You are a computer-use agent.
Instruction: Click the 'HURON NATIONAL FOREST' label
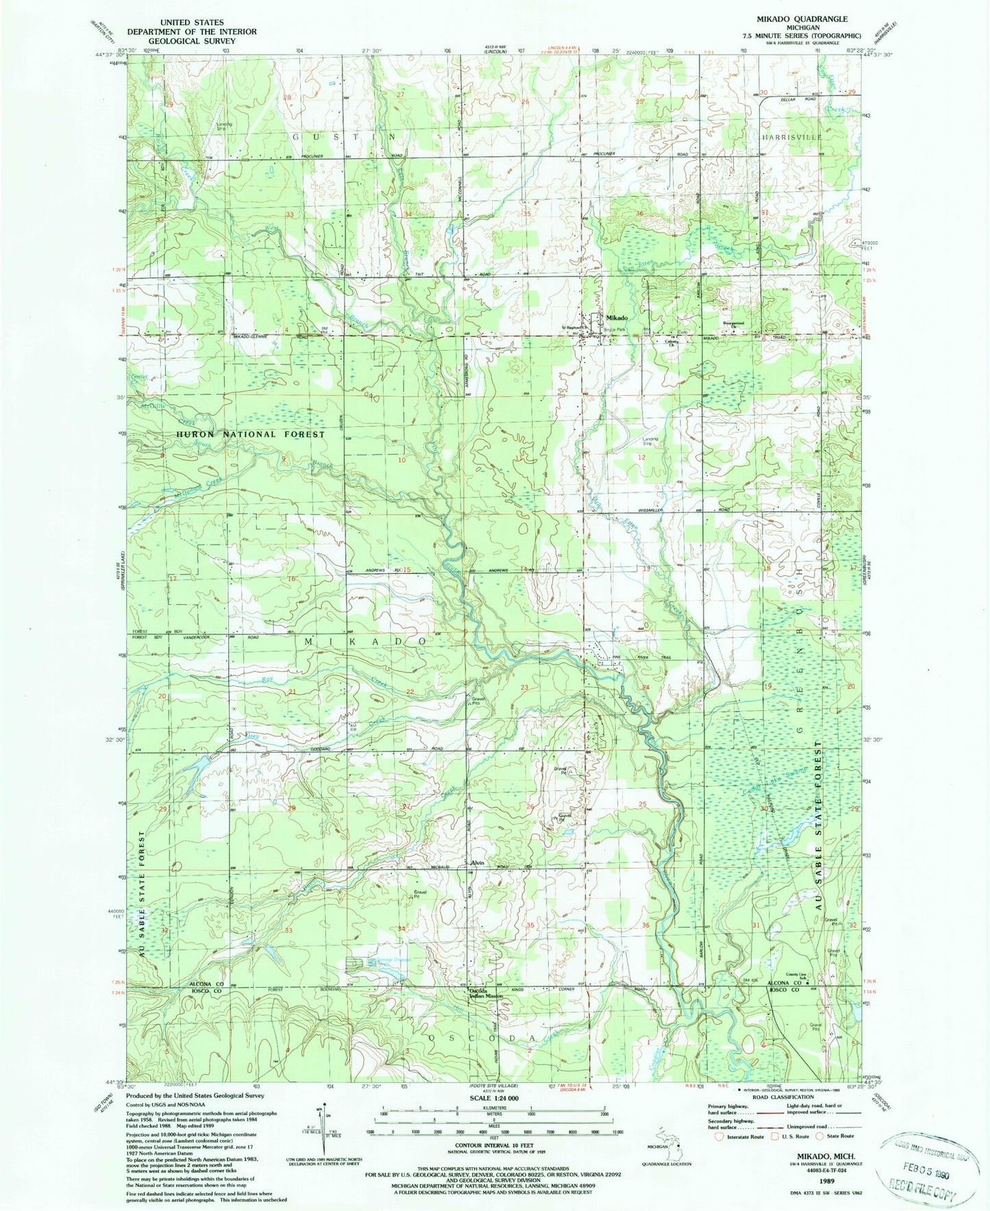pos(250,434)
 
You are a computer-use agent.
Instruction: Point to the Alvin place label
pos(477,862)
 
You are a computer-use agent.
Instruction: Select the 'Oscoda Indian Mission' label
pos(486,992)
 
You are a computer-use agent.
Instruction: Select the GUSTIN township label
pos(345,137)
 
